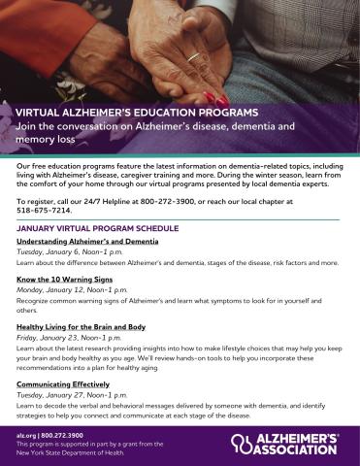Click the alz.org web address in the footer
[25, 436]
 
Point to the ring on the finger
[194, 57]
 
